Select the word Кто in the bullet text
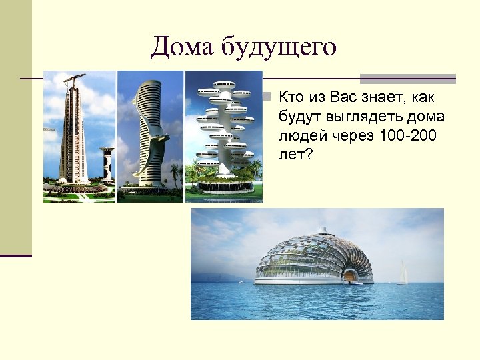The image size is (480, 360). (x=292, y=98)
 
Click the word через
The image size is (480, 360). (x=352, y=136)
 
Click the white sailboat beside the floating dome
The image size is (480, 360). (x=403, y=273)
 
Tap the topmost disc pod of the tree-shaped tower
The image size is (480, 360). (x=222, y=85)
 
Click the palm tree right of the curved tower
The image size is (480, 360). (x=174, y=175)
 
